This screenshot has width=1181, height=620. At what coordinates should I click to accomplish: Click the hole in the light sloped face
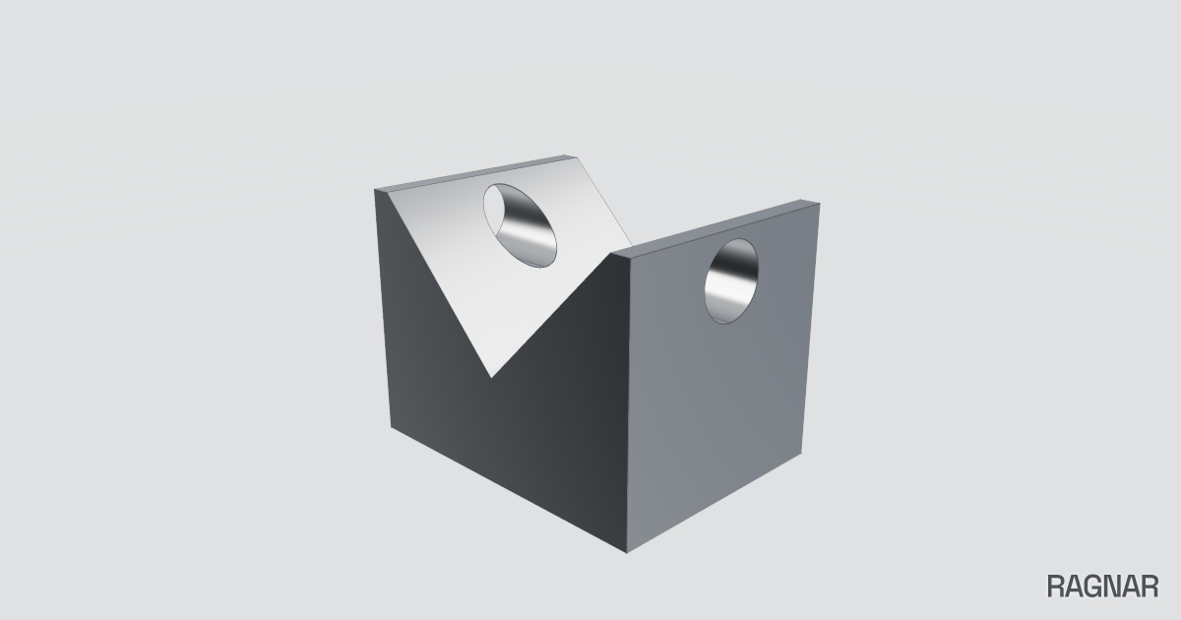[x=520, y=225]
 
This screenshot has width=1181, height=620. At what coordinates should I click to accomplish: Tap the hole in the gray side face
[x=731, y=281]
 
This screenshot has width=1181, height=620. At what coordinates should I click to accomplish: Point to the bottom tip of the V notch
[x=491, y=378]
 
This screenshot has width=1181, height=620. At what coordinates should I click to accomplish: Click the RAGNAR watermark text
[x=1102, y=587]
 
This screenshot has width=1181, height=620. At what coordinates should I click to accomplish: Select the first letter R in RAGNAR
[x=1056, y=587]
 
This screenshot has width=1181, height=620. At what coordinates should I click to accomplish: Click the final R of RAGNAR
[x=1150, y=587]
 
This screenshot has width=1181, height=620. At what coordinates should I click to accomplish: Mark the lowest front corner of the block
[x=626, y=553]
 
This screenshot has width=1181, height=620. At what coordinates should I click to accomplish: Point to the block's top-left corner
[x=375, y=189]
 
